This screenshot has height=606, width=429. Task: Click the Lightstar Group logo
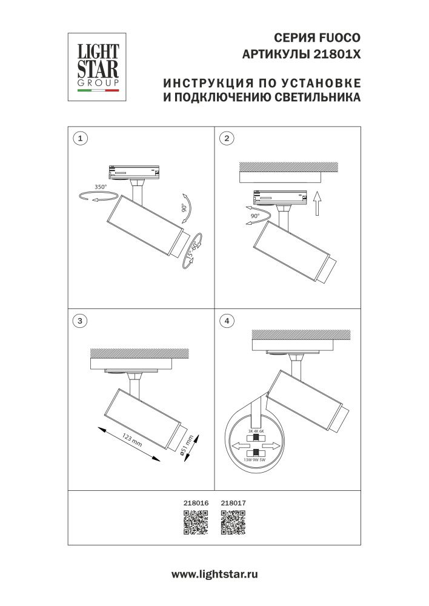pyautogui.click(x=96, y=67)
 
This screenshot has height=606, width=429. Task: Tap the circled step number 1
pyautogui.click(x=79, y=138)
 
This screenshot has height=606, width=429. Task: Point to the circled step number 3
pyautogui.click(x=79, y=321)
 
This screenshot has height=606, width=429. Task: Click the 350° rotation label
pyautogui.click(x=100, y=187)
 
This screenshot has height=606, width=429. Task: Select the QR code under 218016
pyautogui.click(x=195, y=522)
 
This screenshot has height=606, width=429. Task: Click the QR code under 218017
pyautogui.click(x=233, y=522)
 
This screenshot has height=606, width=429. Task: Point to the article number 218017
pyautogui.click(x=233, y=502)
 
